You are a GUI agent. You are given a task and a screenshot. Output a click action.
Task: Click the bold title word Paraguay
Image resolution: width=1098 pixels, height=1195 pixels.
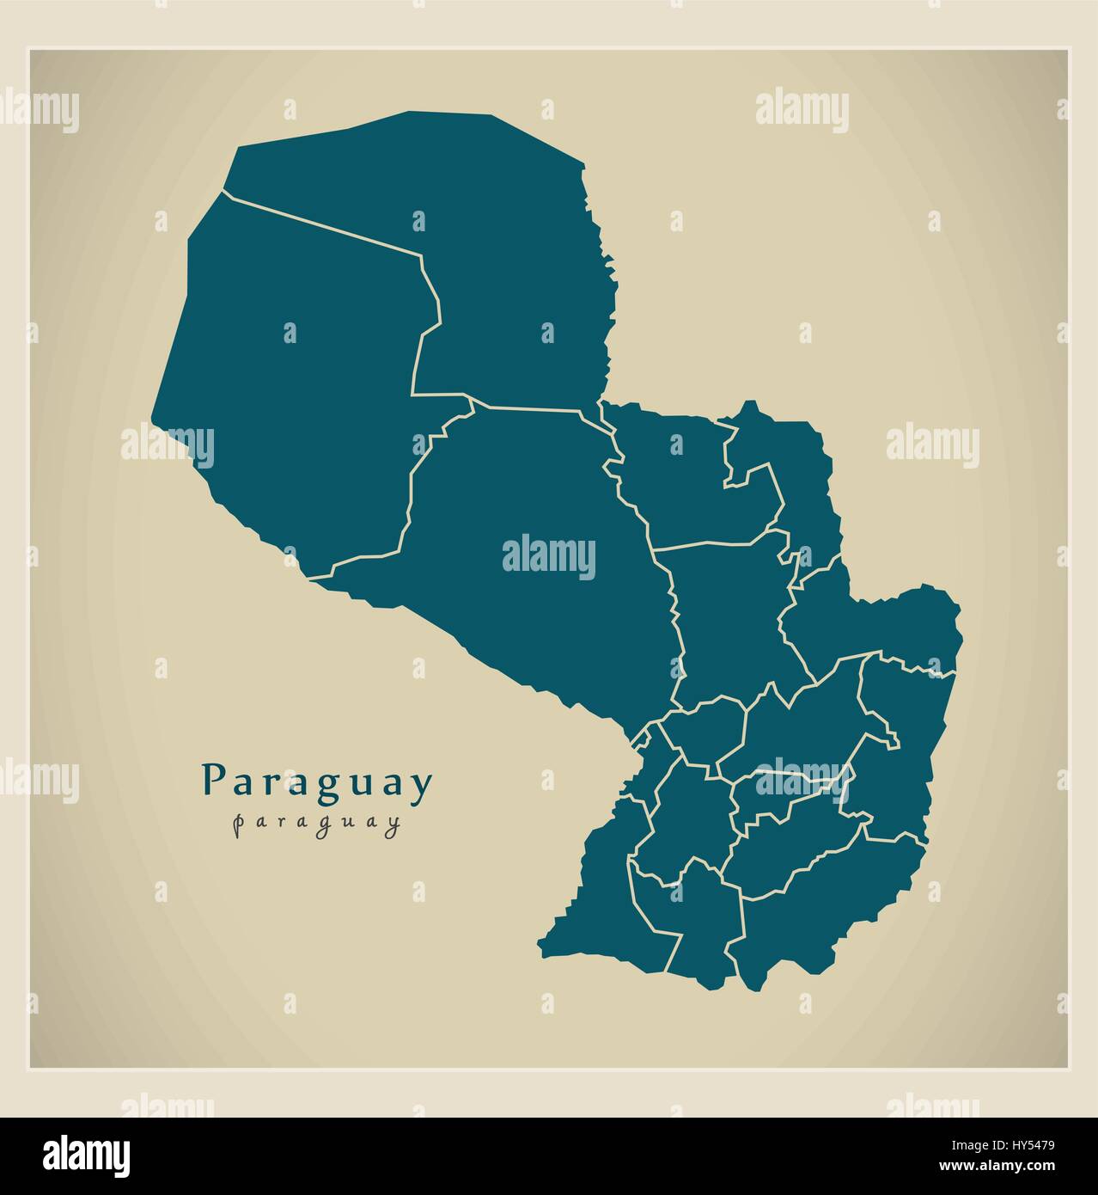tap(317, 783)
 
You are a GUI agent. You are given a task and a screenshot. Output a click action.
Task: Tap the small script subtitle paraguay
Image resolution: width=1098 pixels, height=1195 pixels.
tap(317, 823)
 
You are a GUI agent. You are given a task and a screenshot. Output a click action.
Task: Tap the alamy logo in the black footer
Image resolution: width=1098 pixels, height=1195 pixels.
tap(86, 1154)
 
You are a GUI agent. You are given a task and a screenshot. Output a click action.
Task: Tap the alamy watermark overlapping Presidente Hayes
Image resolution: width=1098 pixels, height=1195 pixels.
tap(548, 556)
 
